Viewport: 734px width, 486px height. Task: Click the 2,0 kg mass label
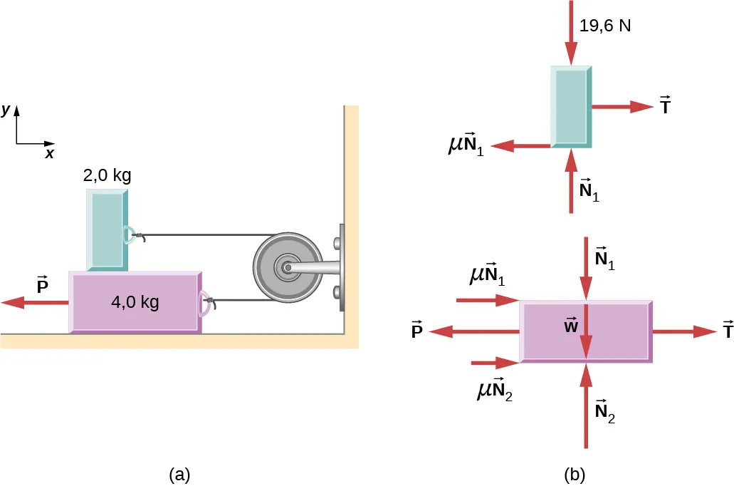pyautogui.click(x=108, y=175)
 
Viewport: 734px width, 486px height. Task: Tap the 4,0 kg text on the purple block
pyautogui.click(x=135, y=301)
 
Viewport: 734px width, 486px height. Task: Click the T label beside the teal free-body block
pyautogui.click(x=665, y=106)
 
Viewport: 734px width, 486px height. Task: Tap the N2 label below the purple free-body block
pyautogui.click(x=605, y=412)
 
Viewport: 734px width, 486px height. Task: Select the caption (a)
pyautogui.click(x=179, y=474)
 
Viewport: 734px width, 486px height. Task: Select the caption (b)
pyautogui.click(x=575, y=474)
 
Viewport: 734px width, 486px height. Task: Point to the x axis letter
pyautogui.click(x=49, y=153)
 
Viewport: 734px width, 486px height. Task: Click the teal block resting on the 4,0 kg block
pyautogui.click(x=108, y=229)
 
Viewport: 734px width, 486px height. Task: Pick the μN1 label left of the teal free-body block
pyautogui.click(x=466, y=146)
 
